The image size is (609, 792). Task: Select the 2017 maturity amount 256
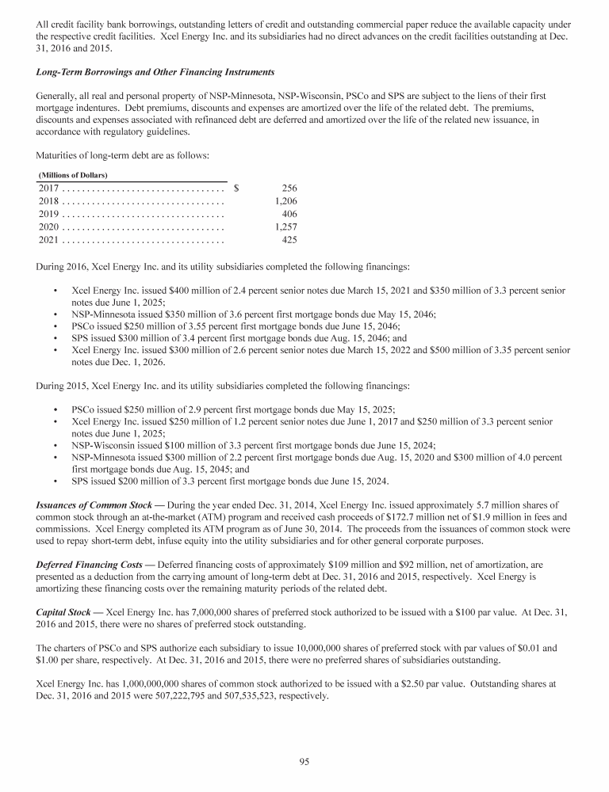289,188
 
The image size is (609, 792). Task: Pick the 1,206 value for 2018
285,201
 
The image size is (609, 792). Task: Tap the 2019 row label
48,214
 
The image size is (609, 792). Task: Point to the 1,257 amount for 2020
285,227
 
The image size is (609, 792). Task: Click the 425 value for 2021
289,239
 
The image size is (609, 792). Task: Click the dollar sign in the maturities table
236,188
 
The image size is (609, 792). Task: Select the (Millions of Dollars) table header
73,174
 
